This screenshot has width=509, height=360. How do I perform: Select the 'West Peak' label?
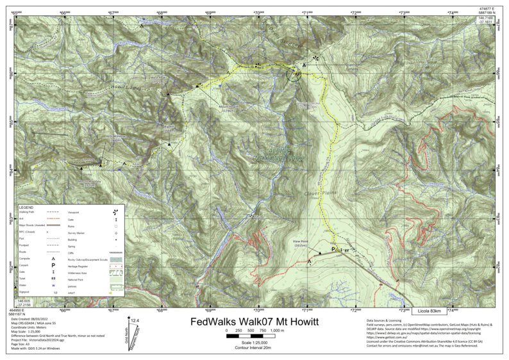(x=158, y=79)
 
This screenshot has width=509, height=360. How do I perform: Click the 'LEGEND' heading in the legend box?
(x=27, y=208)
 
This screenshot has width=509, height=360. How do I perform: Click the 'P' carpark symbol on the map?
(x=333, y=249)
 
